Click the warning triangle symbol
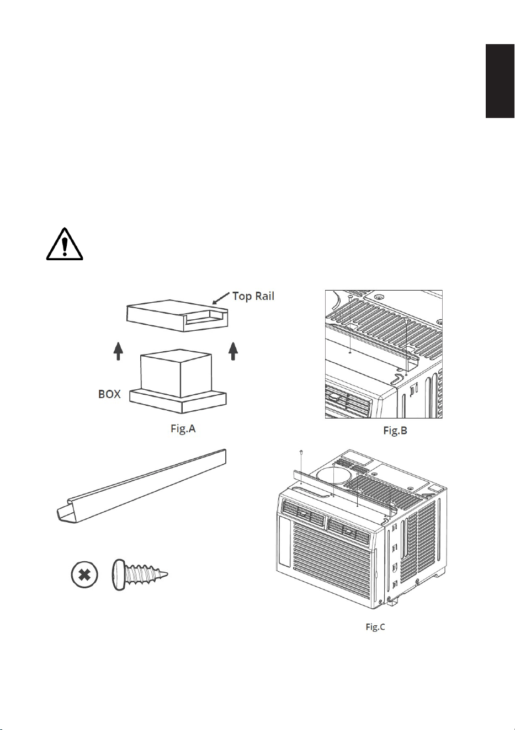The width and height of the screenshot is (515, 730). point(65,244)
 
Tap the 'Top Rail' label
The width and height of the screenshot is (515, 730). point(253,296)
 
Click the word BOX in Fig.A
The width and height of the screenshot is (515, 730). point(109,394)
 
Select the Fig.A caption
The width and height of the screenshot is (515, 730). point(183,428)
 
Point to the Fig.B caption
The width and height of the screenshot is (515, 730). point(395,431)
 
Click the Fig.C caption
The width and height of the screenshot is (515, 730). point(375,627)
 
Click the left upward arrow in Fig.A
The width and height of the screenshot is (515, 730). point(118,351)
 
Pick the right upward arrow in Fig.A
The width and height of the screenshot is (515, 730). point(233,351)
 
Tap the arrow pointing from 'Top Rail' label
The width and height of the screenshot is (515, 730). point(221,298)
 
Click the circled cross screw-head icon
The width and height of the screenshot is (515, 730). point(84,574)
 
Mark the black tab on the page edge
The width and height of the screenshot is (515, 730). point(500,81)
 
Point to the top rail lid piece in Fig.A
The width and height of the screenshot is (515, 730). point(177,315)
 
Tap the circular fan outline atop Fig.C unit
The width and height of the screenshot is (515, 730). point(333,477)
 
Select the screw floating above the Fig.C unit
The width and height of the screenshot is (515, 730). point(301,452)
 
